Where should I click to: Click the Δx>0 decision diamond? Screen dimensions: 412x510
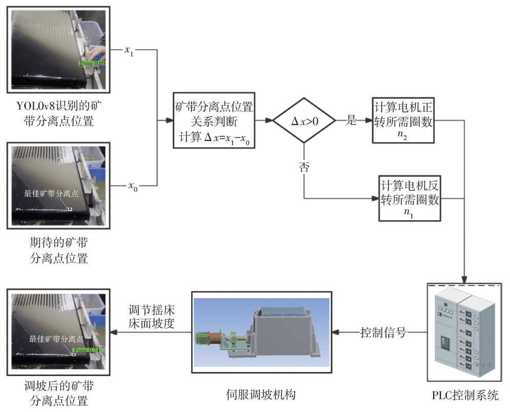(x=304, y=121)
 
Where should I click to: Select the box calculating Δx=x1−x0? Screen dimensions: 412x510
(x=214, y=121)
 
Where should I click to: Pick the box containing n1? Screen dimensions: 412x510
(x=410, y=198)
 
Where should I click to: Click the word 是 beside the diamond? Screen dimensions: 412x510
(x=351, y=121)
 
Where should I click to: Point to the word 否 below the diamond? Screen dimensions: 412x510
(x=304, y=168)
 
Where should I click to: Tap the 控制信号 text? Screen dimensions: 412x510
(x=383, y=333)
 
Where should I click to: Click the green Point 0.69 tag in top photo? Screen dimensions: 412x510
(x=92, y=64)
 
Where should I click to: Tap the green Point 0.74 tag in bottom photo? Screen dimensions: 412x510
(x=88, y=350)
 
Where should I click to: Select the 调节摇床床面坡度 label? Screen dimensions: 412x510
(x=151, y=317)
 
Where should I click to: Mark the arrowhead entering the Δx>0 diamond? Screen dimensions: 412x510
(x=269, y=121)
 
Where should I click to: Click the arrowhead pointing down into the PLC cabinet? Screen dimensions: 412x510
(x=464, y=277)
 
